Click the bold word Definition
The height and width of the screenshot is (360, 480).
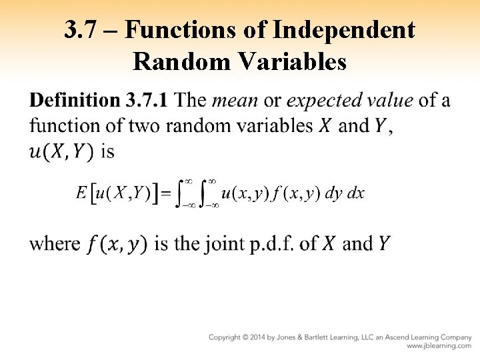(x=73, y=101)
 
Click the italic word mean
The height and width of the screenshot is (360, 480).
(x=235, y=101)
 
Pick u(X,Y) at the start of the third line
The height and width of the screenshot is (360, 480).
(x=61, y=152)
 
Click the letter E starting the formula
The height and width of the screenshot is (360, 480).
(x=81, y=194)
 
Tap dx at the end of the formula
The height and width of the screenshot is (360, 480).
(x=356, y=194)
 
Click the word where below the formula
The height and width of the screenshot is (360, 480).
(x=55, y=244)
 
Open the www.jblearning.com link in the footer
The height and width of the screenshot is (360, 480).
(x=439, y=347)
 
